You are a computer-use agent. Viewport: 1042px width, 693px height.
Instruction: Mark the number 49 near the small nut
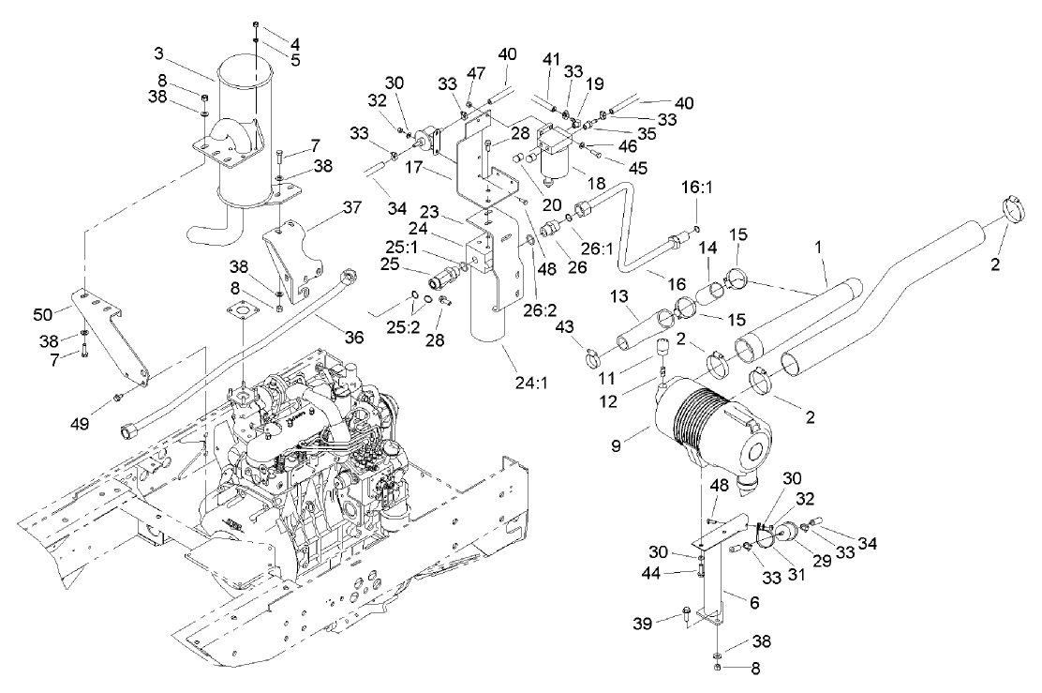[x=80, y=425]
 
